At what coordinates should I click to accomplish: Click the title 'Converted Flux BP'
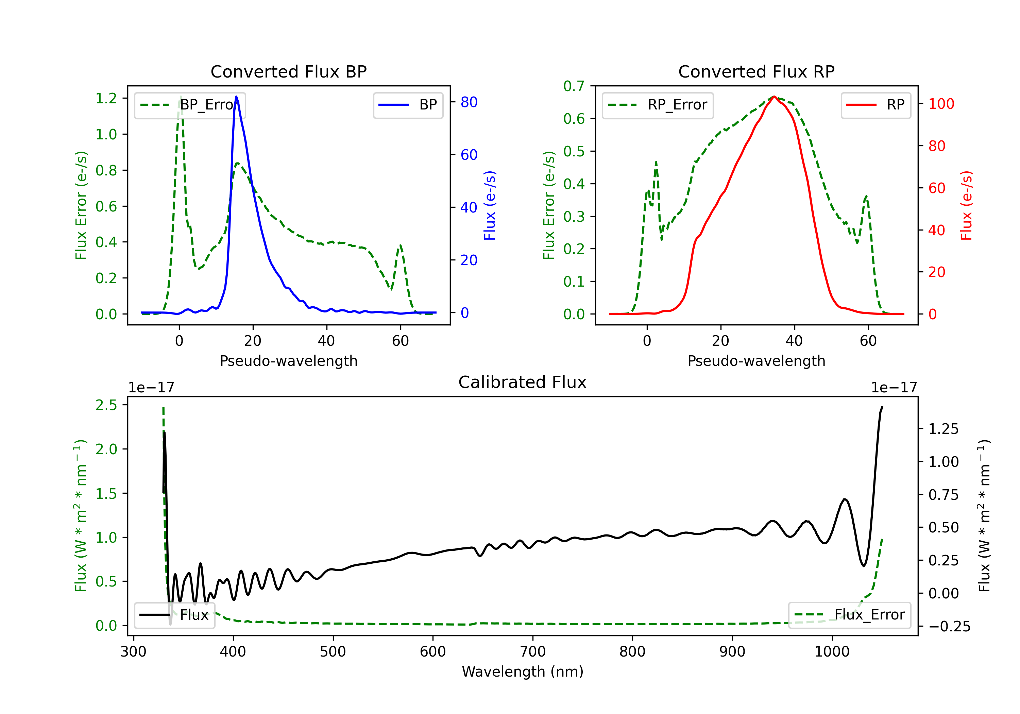288,71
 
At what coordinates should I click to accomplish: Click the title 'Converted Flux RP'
756,71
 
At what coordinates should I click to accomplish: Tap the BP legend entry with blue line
408,105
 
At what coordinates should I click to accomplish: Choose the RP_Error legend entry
658,105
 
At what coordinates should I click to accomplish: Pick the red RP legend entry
876,105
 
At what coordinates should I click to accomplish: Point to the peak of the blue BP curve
236,97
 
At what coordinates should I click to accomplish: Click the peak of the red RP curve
774,97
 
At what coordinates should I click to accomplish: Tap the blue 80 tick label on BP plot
469,102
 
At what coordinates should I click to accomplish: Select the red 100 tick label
941,104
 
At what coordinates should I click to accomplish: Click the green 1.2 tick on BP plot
106,98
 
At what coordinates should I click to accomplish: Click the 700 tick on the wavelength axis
533,652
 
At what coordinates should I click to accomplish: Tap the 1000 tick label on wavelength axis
832,652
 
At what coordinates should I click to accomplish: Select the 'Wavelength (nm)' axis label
523,671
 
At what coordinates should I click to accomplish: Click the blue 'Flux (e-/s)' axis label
490,206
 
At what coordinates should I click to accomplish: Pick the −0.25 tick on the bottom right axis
949,627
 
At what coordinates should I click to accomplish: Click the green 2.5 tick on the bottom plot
106,405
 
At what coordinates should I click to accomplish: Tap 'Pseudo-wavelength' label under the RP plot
756,361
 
